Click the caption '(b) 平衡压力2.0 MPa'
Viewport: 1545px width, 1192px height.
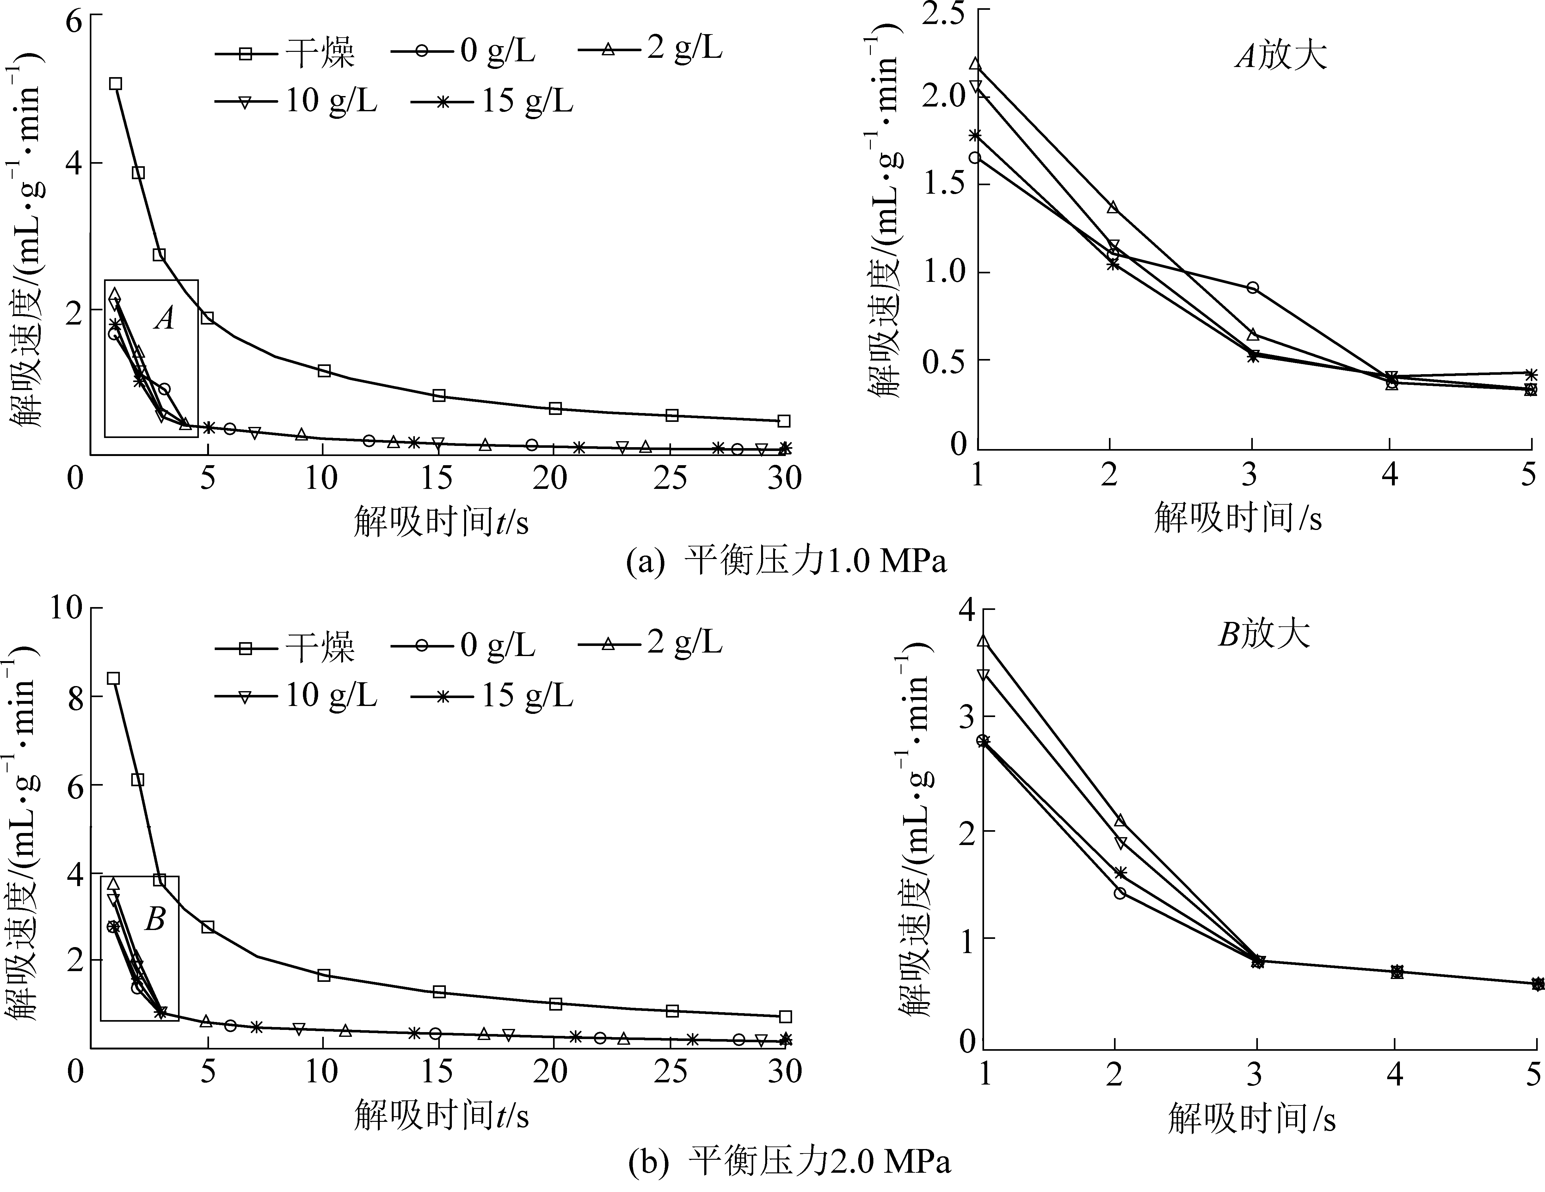[789, 1162]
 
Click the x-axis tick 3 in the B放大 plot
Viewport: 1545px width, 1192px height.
[1255, 1075]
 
